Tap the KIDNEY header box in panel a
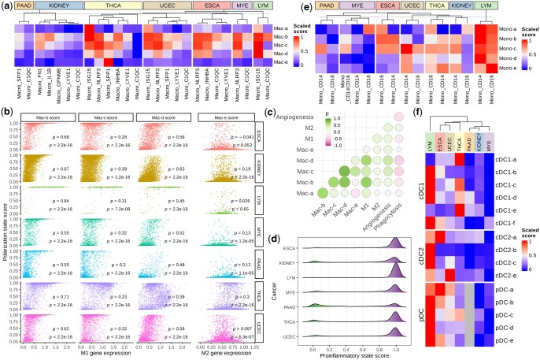coord(57,6)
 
